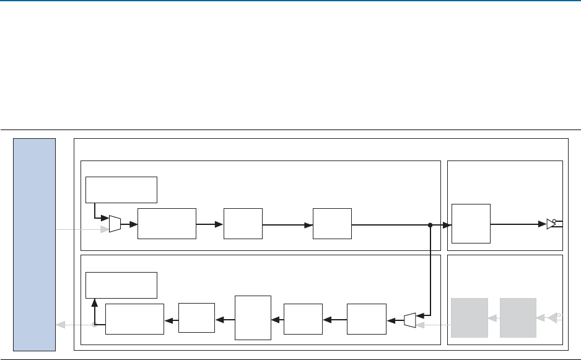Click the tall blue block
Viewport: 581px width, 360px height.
(x=35, y=244)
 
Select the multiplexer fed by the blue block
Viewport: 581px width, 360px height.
(x=115, y=224)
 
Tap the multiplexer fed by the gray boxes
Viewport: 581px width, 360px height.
(x=409, y=320)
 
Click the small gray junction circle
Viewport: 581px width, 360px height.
(x=94, y=324)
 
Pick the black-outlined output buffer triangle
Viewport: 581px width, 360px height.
(x=551, y=224)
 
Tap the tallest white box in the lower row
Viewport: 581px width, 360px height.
(x=253, y=317)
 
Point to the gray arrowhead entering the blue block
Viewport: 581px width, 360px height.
(x=60, y=324)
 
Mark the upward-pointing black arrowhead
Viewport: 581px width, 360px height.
(x=94, y=301)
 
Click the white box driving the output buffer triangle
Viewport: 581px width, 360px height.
(x=471, y=223)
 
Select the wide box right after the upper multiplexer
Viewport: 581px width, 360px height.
(x=167, y=224)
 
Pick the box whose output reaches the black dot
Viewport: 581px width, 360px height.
(x=332, y=224)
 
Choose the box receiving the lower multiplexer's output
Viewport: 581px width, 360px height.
(x=367, y=319)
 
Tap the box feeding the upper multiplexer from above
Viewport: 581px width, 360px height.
(x=121, y=190)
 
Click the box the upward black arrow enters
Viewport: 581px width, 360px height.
(x=121, y=284)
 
